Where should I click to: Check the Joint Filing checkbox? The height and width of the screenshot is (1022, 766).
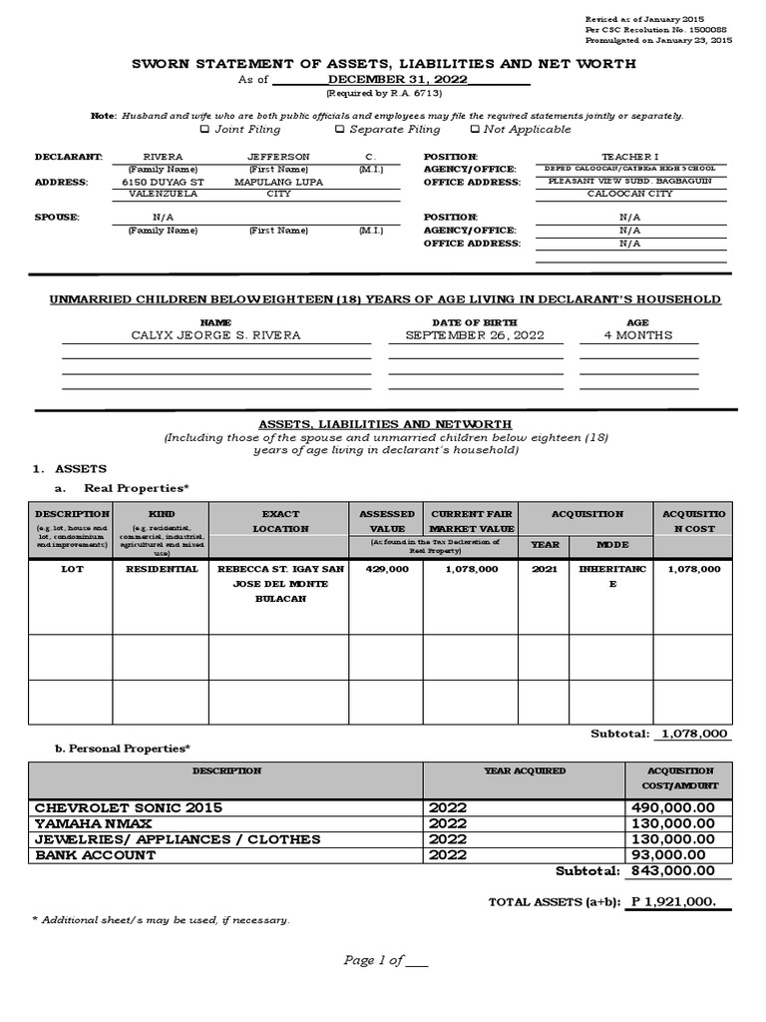point(205,129)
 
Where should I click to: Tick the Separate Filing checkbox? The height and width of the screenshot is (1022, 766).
point(339,129)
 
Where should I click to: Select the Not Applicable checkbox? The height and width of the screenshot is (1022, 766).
point(475,129)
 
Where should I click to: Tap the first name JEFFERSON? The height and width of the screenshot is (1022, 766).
point(278,157)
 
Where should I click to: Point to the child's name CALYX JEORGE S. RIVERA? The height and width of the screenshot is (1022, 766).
point(215,335)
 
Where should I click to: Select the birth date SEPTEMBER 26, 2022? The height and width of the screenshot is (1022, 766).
point(461,335)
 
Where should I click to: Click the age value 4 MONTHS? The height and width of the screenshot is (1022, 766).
point(638,335)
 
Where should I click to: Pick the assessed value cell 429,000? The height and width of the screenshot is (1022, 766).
point(387,569)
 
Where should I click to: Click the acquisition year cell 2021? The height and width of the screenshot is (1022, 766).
point(545,569)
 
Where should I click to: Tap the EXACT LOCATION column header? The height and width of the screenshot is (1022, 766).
point(280,521)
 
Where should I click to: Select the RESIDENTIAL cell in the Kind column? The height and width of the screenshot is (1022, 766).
point(161,569)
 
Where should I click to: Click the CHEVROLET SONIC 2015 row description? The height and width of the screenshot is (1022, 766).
point(129,807)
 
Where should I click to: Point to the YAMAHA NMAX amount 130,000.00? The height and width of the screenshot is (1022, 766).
point(672,823)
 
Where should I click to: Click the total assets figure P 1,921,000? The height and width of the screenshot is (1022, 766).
point(673,902)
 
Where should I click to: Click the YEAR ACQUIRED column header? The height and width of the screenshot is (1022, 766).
point(525,771)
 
